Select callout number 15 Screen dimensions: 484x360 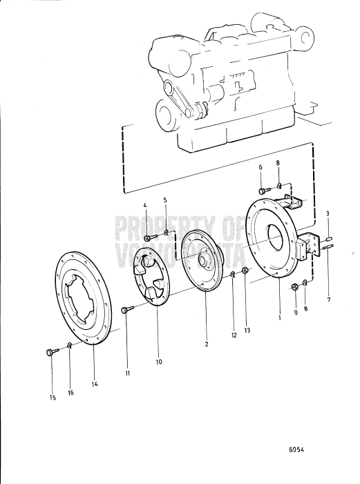pyautogui.click(x=53, y=396)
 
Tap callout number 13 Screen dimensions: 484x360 pyautogui.click(x=247, y=330)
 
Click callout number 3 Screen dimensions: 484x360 pyautogui.click(x=328, y=214)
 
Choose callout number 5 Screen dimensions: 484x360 pyautogui.click(x=165, y=201)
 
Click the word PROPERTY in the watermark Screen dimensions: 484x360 pyautogui.click(x=159, y=226)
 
